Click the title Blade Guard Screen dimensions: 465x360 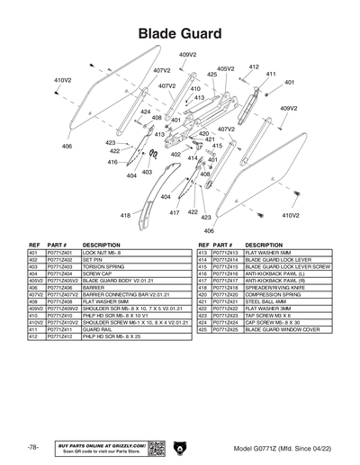180,33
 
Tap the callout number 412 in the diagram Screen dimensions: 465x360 254,67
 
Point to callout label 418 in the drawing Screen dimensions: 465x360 125,215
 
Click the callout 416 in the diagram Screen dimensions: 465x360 112,163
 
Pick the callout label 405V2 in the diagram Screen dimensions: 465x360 227,67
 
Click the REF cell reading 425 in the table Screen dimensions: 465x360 203,330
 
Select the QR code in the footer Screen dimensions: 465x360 154,447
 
